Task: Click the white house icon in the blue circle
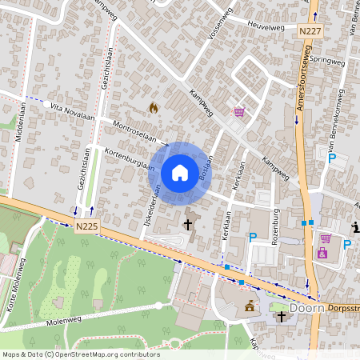point(180,172)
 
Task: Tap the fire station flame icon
point(154,106)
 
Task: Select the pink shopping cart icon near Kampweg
point(238,112)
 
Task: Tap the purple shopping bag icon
point(322,254)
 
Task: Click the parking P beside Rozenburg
point(253,237)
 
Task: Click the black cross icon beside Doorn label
point(281,317)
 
